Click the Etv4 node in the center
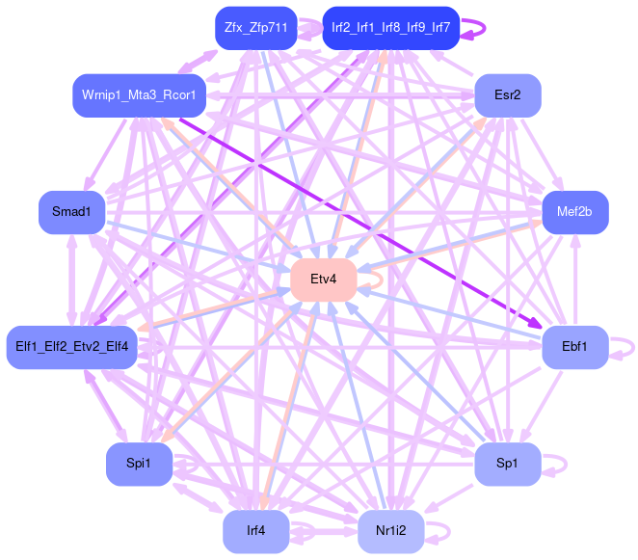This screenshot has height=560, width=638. pyautogui.click(x=324, y=280)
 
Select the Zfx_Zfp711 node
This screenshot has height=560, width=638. pyautogui.click(x=255, y=28)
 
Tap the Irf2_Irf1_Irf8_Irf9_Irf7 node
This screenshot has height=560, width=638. pyautogui.click(x=390, y=28)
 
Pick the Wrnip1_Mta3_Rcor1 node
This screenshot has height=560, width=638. pyautogui.click(x=139, y=95)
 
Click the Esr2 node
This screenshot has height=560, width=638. pyautogui.click(x=507, y=95)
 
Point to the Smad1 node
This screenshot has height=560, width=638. pyautogui.click(x=71, y=212)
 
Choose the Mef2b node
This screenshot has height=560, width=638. pyautogui.click(x=575, y=212)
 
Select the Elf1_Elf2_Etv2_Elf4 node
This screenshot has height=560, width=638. pyautogui.click(x=72, y=346)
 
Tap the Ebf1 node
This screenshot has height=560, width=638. pyautogui.click(x=574, y=346)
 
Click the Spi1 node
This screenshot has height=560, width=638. pyautogui.click(x=139, y=465)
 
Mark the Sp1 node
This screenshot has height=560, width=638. pyautogui.click(x=507, y=465)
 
